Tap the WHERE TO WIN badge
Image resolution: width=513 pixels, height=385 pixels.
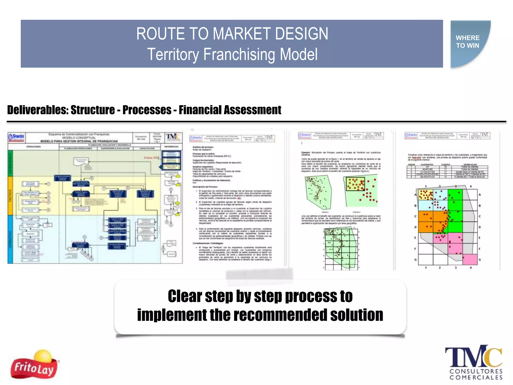(468, 42)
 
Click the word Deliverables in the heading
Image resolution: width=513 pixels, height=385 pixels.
(38, 110)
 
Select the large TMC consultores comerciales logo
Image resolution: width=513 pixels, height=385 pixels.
(473, 362)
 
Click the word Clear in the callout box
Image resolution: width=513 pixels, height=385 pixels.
(185, 296)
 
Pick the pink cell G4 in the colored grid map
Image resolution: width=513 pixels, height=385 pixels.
(470, 259)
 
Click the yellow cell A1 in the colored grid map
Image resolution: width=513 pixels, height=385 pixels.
(426, 195)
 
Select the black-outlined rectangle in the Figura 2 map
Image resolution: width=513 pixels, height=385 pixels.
(355, 184)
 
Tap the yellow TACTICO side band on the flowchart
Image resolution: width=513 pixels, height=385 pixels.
(10, 196)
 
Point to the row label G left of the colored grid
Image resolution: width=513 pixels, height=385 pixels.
(415, 260)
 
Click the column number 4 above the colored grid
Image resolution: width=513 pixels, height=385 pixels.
(470, 186)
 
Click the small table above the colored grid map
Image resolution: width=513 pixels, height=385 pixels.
(447, 171)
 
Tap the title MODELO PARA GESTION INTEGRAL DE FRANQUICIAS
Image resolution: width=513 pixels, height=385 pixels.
(79, 141)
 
